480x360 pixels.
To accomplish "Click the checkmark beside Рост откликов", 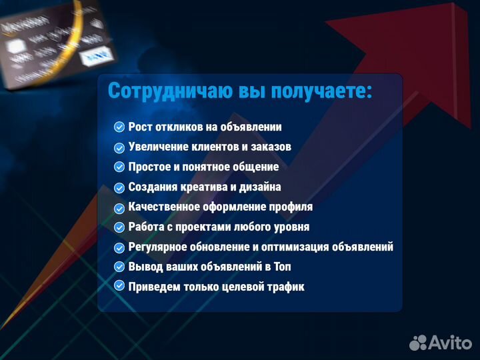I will coord(119,127).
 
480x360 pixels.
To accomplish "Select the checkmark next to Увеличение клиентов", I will coord(119,147).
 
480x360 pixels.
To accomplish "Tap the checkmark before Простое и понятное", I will coord(119,167).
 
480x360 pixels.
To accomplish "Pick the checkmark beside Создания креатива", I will coord(119,187).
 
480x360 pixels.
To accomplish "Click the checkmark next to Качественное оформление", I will coord(119,207).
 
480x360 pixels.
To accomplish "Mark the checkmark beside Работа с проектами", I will coord(119,227).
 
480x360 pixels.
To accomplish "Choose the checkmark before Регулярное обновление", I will coord(119,247).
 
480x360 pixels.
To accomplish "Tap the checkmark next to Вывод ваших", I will coord(119,267).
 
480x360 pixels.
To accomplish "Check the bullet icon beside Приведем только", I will coord(119,286).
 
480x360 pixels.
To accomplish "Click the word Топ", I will coord(281,267).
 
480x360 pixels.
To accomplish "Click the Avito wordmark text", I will coord(450,342).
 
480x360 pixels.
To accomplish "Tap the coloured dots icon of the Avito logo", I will coord(418,342).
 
